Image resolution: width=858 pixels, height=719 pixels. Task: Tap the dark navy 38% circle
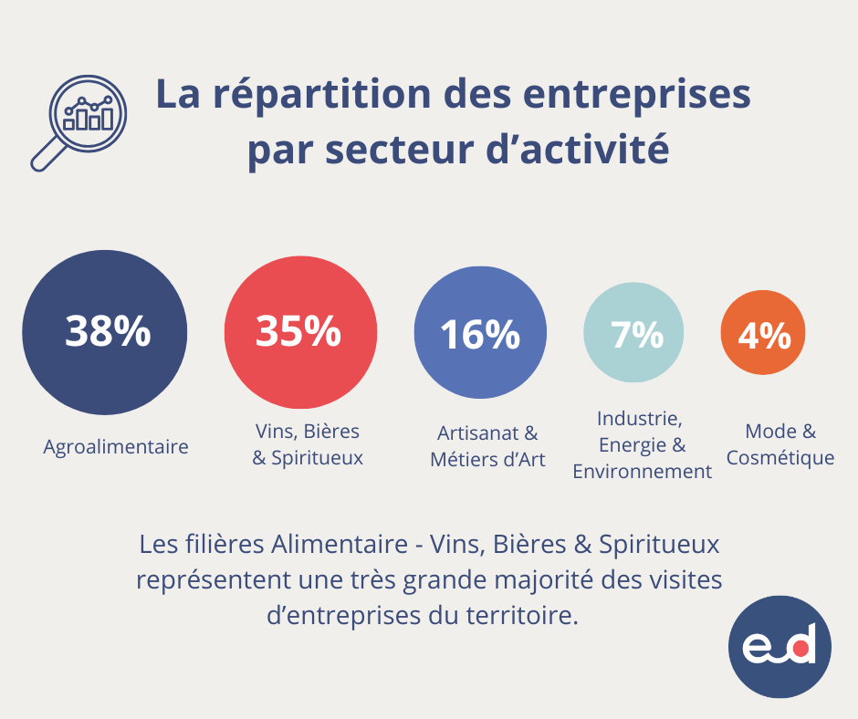tap(105, 332)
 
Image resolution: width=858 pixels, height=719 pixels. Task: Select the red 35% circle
tap(298, 332)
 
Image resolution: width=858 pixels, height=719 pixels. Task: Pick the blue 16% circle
tap(480, 334)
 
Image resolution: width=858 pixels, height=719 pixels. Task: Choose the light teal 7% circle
tap(637, 335)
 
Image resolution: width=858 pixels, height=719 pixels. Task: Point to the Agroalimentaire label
tap(116, 447)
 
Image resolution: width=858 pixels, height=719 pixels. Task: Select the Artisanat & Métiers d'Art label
tap(487, 445)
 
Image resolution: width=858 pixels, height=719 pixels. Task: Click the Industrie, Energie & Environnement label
tap(642, 444)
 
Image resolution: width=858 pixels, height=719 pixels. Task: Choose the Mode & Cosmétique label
tap(780, 444)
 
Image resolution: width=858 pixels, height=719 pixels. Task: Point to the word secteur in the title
tap(394, 151)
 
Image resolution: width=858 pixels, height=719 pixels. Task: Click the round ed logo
tap(780, 647)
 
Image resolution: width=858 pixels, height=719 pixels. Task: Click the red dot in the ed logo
tap(800, 650)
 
